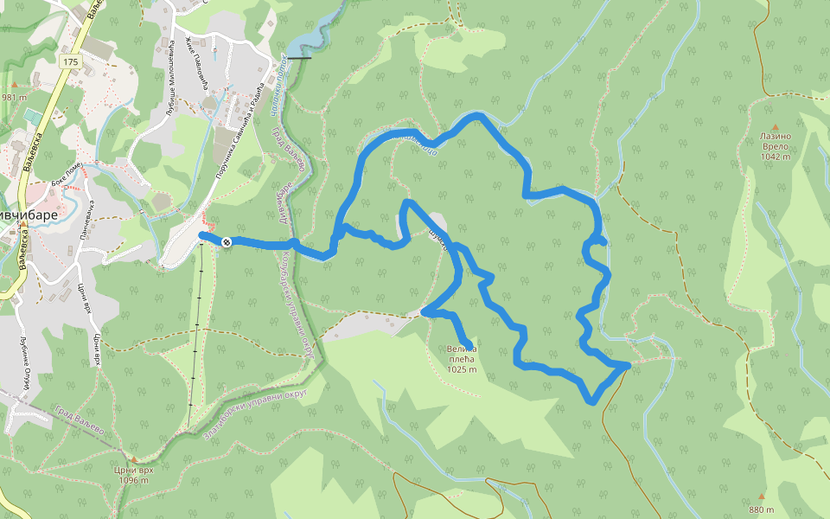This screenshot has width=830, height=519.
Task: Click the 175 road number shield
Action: coord(70,62)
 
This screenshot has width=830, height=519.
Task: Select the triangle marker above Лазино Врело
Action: coord(776,126)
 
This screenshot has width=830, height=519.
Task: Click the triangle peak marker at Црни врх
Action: coord(133,458)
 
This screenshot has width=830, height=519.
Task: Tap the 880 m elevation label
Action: coord(761,509)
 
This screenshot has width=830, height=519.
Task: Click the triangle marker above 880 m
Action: coord(761,497)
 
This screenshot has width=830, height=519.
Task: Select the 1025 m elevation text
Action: coord(462,369)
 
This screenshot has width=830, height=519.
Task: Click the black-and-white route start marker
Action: coord(227,242)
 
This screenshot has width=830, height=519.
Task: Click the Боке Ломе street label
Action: coord(66,173)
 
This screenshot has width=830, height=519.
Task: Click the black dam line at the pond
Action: coord(299,57)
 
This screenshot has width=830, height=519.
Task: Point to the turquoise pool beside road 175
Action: coord(32,115)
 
